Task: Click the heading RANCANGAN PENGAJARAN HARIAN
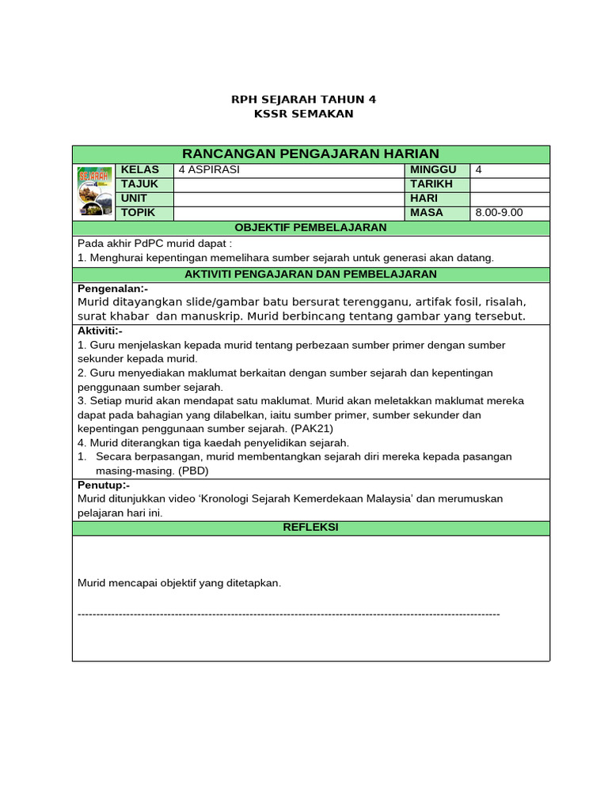click(310, 153)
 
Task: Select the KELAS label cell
click(140, 170)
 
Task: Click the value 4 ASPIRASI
click(209, 170)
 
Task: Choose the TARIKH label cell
click(431, 184)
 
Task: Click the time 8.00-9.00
click(499, 214)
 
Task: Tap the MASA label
click(427, 214)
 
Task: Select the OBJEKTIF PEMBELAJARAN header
click(310, 228)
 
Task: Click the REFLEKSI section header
click(310, 527)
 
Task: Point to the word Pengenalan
click(112, 289)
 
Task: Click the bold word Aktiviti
click(99, 331)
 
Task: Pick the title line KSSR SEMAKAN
click(303, 114)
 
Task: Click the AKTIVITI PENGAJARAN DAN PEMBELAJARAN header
click(310, 274)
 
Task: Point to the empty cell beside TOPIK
click(288, 214)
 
